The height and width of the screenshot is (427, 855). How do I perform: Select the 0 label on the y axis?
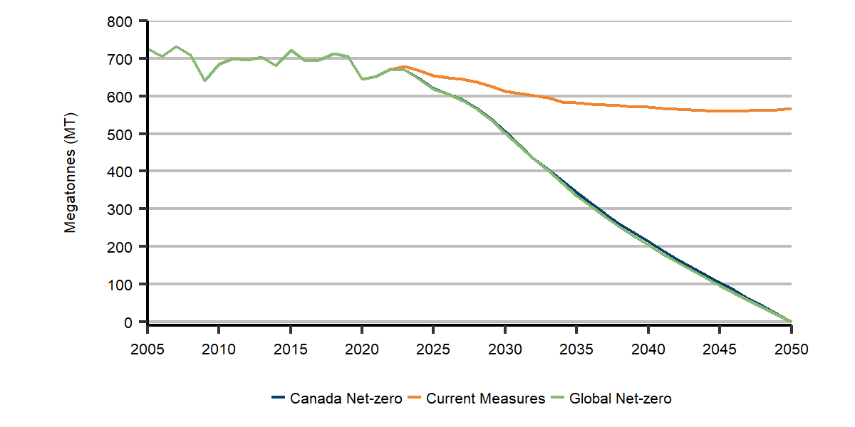(129, 322)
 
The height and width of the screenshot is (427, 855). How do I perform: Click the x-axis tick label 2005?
(147, 349)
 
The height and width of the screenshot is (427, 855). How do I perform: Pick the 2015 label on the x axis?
(290, 349)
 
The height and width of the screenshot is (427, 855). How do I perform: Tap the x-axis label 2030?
(504, 349)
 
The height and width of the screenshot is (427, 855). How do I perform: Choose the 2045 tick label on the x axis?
(720, 349)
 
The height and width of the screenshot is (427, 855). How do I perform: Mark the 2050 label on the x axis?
(791, 349)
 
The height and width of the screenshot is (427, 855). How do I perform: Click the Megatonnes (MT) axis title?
(70, 172)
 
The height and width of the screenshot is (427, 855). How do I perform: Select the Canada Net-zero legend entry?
(346, 399)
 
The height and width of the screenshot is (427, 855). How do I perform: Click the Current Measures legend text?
(485, 399)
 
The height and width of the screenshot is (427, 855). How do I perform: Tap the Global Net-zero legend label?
(620, 399)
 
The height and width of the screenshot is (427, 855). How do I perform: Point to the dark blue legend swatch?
(279, 399)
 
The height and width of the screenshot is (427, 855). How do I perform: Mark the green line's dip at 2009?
(204, 80)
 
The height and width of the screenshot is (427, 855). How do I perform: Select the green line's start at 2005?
(147, 49)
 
